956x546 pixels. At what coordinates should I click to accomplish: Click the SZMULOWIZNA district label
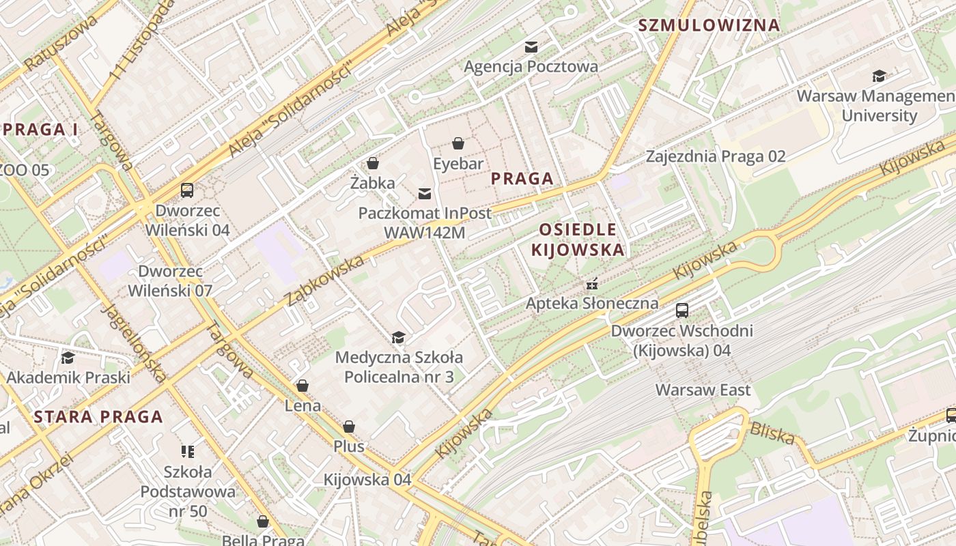coord(708,26)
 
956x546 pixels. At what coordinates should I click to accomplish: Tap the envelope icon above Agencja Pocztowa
coord(531,46)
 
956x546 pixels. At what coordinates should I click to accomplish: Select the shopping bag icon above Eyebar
coord(458,143)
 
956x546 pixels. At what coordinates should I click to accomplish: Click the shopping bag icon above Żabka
coord(373,163)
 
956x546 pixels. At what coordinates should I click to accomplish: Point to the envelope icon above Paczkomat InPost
coord(425,193)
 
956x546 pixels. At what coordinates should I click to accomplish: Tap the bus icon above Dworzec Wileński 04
coord(187,190)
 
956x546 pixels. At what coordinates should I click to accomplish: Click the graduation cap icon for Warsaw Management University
coord(879,76)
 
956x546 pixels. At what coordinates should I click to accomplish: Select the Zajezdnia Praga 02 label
coord(716,156)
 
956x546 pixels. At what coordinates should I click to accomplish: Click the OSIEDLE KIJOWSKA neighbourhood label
coord(578,240)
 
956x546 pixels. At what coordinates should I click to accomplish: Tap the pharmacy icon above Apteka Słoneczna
coord(592,283)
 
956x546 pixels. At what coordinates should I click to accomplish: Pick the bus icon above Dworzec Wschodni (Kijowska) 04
coord(681,311)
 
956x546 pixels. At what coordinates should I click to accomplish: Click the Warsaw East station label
coord(703,390)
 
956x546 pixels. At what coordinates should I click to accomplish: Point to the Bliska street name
coord(772,433)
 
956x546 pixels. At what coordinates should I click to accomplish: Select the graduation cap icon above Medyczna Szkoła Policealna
coord(398,337)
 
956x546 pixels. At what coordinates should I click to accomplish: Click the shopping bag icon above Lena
coord(303,386)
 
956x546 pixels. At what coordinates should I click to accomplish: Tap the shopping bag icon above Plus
coord(349,427)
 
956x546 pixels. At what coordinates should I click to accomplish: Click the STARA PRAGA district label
coord(98,416)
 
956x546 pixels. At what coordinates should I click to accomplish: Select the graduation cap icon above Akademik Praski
coord(68,358)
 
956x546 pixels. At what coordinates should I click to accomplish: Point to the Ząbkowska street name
coord(324,281)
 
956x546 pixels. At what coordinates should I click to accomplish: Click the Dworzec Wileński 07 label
coord(170,281)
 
